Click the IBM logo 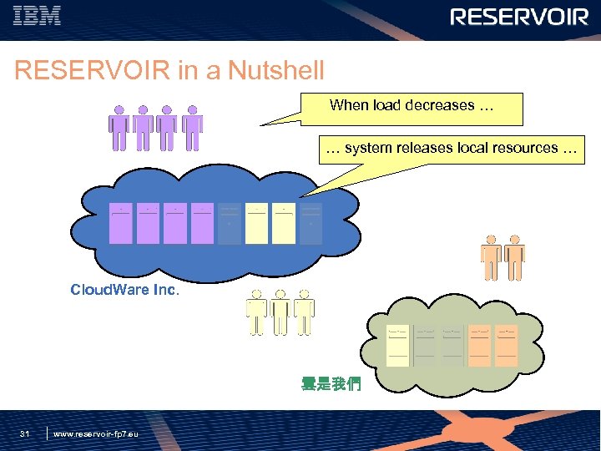pos(38,16)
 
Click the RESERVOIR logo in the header pos(519,18)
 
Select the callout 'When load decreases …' pos(412,107)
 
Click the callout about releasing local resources pos(452,149)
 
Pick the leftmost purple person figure pos(119,128)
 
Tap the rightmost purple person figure pos(193,128)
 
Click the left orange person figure pos(491,257)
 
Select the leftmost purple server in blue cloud pos(122,223)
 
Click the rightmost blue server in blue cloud pos(311,223)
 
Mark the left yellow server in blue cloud pos(256,223)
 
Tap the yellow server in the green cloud pos(398,345)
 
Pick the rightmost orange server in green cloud pos(506,345)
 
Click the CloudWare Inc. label pos(124,291)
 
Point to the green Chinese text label pos(331,385)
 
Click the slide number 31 pos(25,433)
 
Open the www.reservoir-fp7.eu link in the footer pos(96,433)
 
